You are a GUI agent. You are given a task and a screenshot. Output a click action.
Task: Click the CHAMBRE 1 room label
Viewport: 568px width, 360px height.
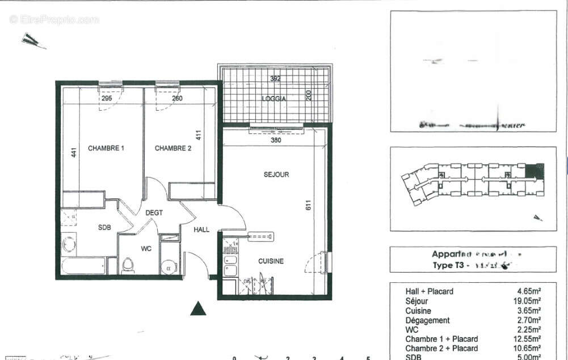106,148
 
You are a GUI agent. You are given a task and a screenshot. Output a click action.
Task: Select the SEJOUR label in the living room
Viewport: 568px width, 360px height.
276,174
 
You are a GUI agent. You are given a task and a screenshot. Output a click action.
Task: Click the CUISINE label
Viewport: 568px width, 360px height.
271,261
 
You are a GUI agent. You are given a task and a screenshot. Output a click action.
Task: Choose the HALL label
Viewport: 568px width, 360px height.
201,230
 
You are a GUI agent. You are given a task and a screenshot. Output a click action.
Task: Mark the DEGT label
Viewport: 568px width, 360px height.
154,213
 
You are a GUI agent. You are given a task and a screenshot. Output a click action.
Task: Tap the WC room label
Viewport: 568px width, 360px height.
146,248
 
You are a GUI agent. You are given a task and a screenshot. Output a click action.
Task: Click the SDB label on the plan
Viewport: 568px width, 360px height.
104,228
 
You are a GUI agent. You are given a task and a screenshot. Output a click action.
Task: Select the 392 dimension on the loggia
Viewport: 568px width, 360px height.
275,79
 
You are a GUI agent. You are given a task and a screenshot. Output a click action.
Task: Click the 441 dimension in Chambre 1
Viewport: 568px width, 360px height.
73,152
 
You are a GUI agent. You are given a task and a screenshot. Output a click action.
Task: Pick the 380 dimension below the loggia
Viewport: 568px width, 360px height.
276,140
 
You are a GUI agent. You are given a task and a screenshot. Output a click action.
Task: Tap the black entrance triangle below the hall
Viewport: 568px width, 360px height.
197,308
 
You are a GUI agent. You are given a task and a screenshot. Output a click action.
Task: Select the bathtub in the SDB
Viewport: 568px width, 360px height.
83,266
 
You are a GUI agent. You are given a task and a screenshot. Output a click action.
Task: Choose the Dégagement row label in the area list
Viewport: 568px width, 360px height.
427,320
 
